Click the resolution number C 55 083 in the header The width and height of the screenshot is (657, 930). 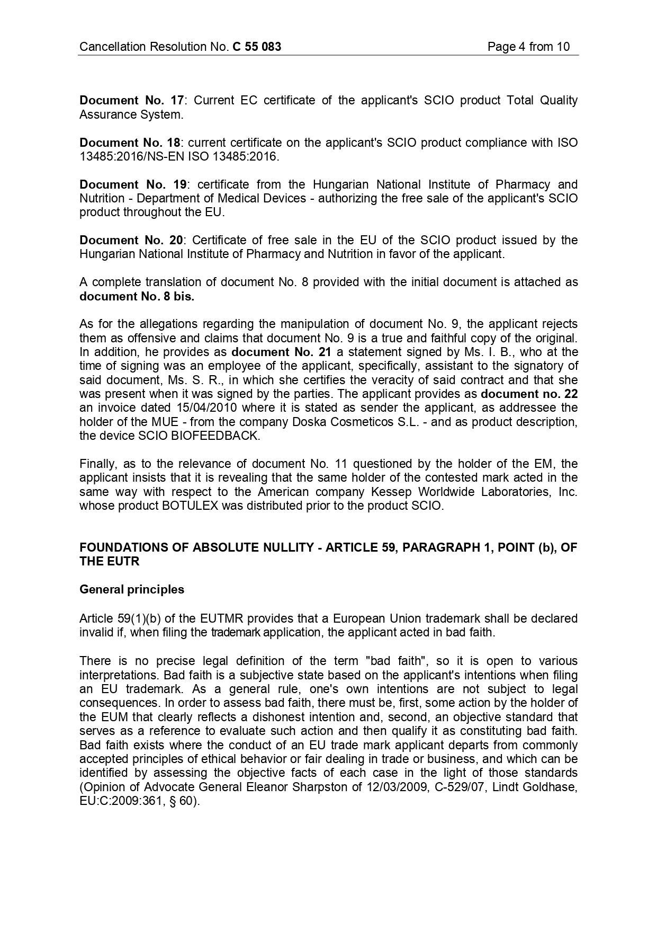pyautogui.click(x=257, y=47)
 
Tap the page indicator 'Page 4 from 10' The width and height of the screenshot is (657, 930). pyautogui.click(x=528, y=47)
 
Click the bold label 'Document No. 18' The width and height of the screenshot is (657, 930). pyautogui.click(x=130, y=143)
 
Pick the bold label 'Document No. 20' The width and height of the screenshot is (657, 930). pyautogui.click(x=131, y=240)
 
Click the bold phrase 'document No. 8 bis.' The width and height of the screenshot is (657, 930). pyautogui.click(x=137, y=296)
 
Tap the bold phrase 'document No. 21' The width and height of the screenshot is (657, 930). pyautogui.click(x=281, y=352)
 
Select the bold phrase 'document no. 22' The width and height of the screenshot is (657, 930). pyautogui.click(x=529, y=394)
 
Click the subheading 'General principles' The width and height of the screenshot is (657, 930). pyautogui.click(x=132, y=589)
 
